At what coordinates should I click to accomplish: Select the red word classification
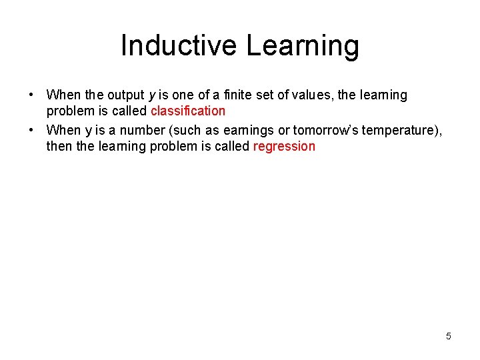tap(188, 111)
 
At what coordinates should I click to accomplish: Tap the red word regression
tap(284, 146)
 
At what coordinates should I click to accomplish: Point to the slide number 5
tap(449, 336)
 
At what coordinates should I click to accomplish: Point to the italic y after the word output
tap(160, 96)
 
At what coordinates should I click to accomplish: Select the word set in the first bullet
tap(265, 95)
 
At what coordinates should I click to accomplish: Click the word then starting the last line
tap(59, 146)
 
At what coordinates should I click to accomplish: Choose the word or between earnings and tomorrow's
tap(283, 130)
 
